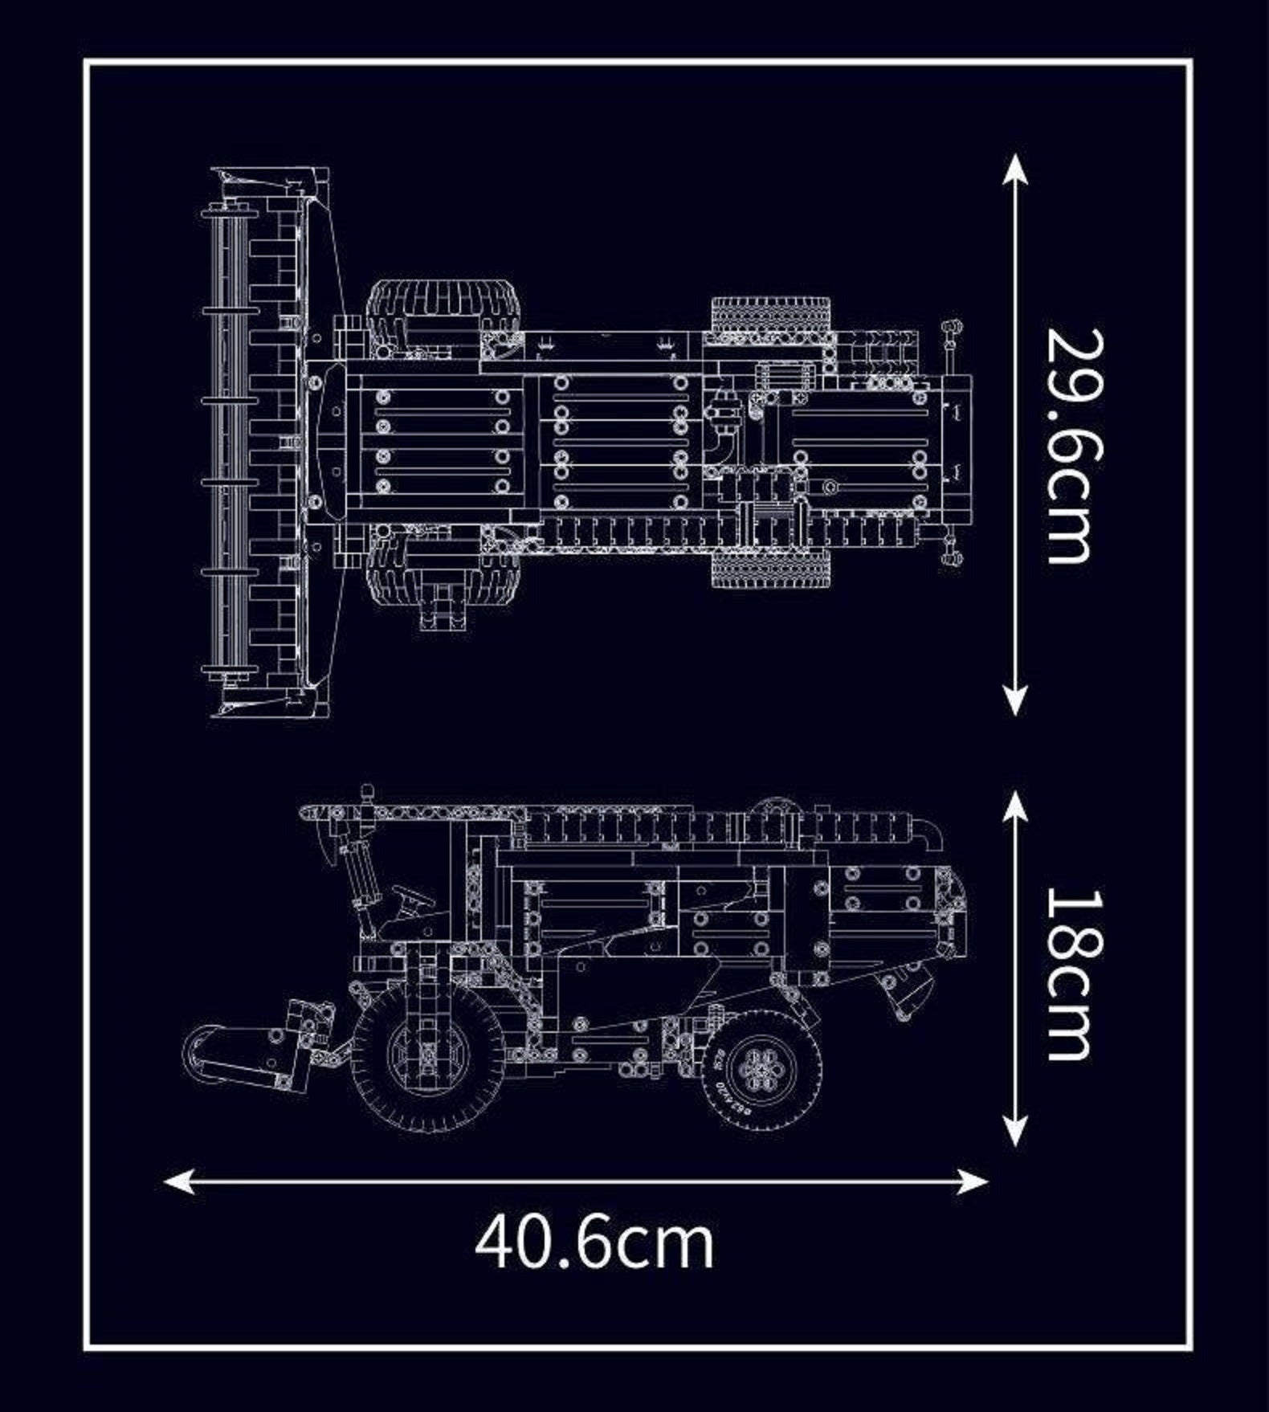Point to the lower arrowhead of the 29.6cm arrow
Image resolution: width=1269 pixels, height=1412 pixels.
pyautogui.click(x=1016, y=700)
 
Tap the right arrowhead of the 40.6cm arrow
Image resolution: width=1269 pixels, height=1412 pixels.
pyautogui.click(x=972, y=1181)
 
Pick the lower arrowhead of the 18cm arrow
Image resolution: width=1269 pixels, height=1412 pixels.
pyautogui.click(x=1016, y=1131)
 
